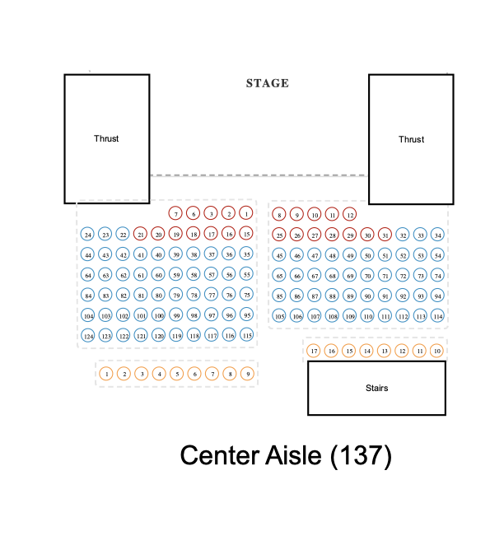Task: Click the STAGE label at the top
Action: point(268,83)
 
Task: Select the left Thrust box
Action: point(107,138)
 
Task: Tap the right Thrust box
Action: point(411,139)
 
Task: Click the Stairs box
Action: point(376,388)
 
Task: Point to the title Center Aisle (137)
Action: point(286,455)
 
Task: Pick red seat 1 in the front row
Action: point(246,214)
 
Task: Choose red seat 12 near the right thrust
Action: point(350,215)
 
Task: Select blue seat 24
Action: point(88,235)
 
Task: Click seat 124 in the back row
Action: point(88,336)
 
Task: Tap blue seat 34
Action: point(438,235)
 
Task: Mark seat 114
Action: point(438,316)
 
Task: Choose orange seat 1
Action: point(106,374)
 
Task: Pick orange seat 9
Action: point(247,374)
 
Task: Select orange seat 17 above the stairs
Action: point(314,352)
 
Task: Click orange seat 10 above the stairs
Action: point(437,352)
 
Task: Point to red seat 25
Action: point(279,235)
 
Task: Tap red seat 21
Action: point(141,235)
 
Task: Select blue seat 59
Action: point(176,275)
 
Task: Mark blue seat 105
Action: point(279,316)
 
